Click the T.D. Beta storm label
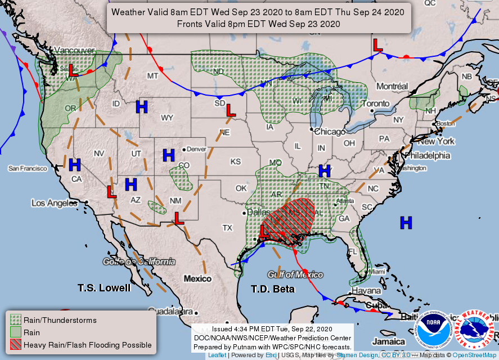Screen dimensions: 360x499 272,289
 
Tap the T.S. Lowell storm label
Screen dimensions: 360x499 104,287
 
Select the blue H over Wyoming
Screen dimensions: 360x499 142,106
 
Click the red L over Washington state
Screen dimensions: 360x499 73,71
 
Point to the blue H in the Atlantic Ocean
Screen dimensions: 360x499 406,223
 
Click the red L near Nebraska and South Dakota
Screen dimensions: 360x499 230,110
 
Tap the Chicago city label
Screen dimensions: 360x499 330,132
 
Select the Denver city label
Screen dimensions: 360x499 196,149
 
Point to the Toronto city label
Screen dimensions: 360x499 375,104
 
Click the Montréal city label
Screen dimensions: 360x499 392,87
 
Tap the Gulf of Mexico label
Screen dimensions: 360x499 295,274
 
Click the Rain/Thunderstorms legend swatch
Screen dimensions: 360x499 15,320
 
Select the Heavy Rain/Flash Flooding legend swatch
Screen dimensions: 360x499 15,344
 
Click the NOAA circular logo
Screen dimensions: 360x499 433,330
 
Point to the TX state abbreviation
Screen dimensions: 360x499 227,228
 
